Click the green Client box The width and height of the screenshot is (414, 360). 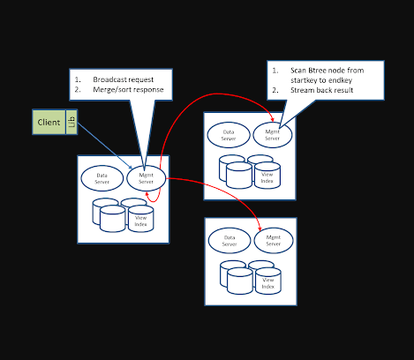49,122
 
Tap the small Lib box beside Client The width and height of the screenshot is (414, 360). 72,122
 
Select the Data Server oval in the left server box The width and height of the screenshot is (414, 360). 102,178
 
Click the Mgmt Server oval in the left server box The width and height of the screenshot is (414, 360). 147,178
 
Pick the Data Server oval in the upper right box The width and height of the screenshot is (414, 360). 228,135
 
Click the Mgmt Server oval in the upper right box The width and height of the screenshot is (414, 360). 272,135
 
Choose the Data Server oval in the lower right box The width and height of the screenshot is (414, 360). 230,240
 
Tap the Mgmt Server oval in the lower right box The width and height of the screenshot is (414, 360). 273,240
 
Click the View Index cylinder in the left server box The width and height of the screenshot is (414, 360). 140,220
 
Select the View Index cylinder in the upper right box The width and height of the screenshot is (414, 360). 267,175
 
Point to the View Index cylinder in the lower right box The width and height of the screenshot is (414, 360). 267,281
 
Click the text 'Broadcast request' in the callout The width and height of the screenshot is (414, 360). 122,79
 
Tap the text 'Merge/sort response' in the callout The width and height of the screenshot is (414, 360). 128,90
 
